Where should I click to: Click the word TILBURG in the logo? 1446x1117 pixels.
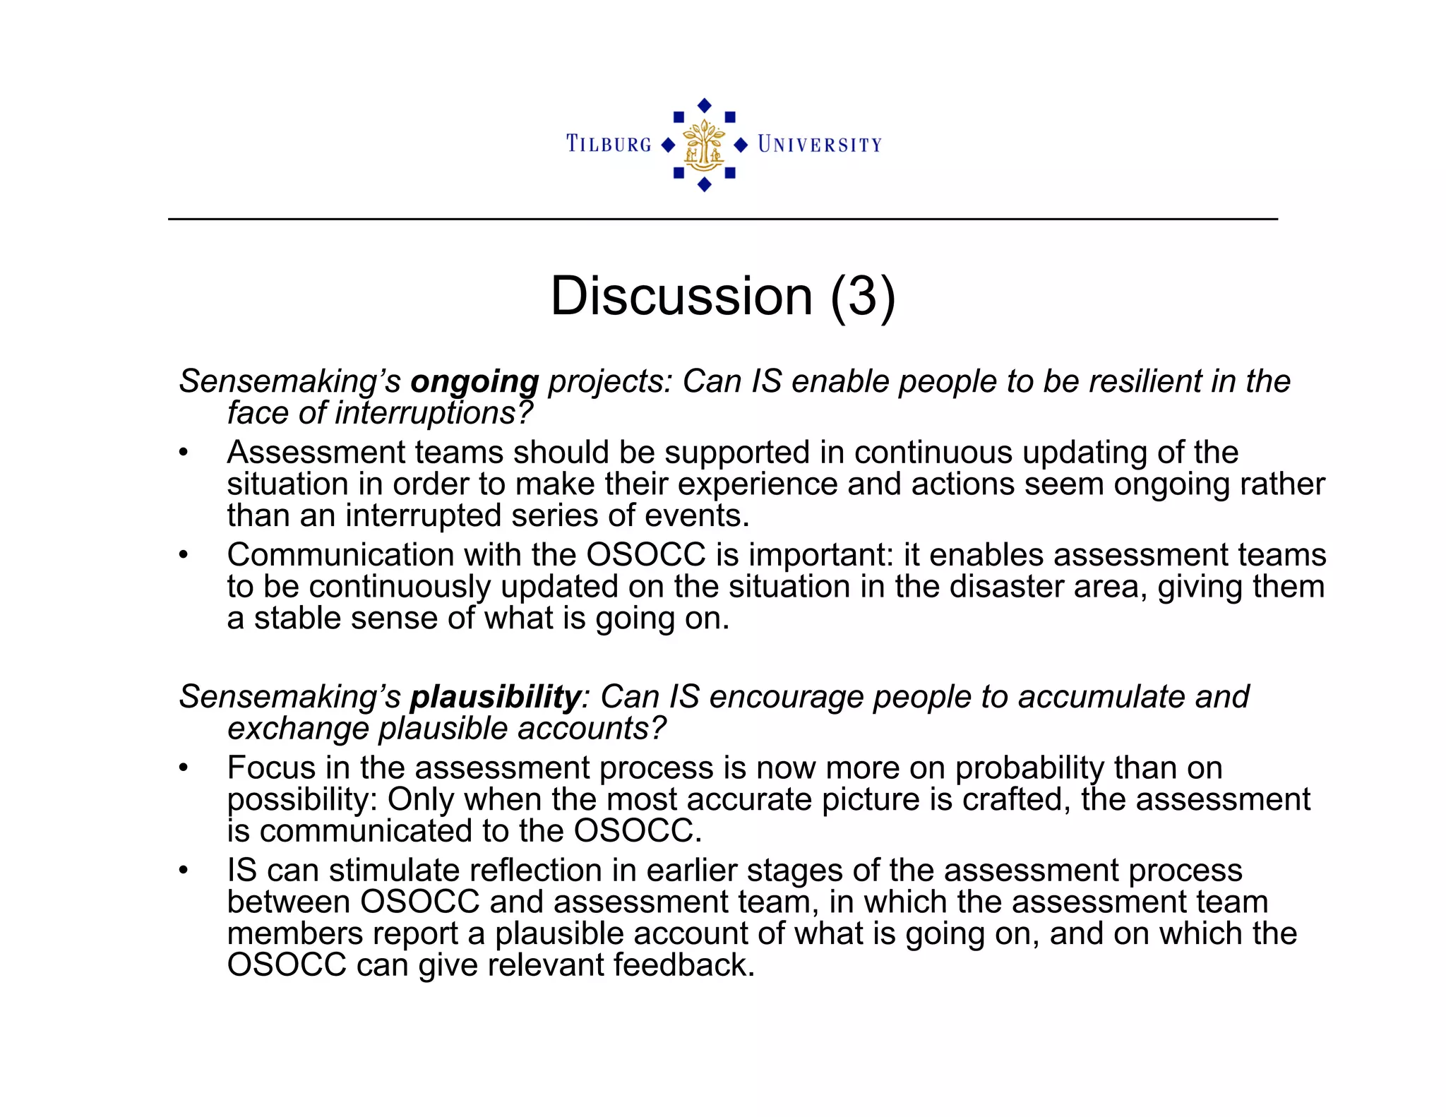tap(609, 145)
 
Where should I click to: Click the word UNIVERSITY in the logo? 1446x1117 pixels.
tap(819, 145)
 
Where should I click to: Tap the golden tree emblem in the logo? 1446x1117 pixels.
tap(704, 145)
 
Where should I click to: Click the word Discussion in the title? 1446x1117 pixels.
tap(681, 296)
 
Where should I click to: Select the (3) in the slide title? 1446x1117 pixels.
tap(862, 296)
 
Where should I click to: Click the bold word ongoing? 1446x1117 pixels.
tap(474, 382)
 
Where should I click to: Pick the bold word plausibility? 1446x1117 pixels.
tap(496, 697)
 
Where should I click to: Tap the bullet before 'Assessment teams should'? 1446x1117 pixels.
tap(184, 453)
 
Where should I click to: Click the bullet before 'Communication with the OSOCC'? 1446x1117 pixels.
tap(184, 555)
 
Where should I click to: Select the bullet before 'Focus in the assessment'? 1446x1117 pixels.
tap(184, 767)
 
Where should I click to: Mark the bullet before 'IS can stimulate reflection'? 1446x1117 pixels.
tap(184, 870)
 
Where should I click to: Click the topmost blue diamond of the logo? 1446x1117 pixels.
tap(704, 105)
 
